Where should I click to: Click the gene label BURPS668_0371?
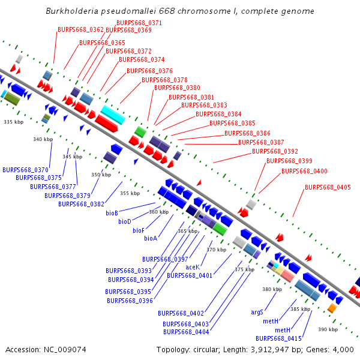(139, 23)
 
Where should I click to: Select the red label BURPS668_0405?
(328, 187)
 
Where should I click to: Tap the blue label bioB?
(112, 213)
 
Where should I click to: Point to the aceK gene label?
(193, 267)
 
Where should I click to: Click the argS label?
(257, 312)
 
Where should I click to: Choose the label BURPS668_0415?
(278, 338)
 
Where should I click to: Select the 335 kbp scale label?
(14, 122)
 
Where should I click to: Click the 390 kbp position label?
(328, 329)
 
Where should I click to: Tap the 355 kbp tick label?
(130, 193)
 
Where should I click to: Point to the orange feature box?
(332, 308)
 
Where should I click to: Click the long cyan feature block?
(113, 115)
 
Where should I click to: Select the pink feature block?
(287, 276)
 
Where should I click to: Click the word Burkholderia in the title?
(72, 11)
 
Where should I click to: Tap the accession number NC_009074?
(65, 350)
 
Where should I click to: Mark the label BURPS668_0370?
(25, 170)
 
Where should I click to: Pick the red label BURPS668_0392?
(275, 151)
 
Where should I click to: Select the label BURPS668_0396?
(130, 301)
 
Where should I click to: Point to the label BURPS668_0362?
(80, 29)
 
